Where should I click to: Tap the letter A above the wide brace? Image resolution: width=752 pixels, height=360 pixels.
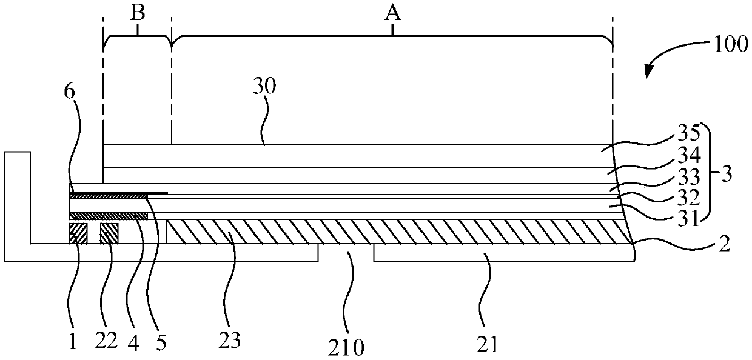(x=393, y=14)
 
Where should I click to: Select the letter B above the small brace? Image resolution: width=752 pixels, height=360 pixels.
(x=138, y=14)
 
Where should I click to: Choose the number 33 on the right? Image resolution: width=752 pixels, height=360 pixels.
(x=690, y=177)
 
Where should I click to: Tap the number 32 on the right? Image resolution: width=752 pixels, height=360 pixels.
(x=690, y=198)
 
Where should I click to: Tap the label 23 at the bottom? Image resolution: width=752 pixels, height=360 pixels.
(x=230, y=341)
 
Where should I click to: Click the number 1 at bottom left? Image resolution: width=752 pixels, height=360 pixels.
(x=73, y=343)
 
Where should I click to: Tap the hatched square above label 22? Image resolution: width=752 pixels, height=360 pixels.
(x=109, y=233)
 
